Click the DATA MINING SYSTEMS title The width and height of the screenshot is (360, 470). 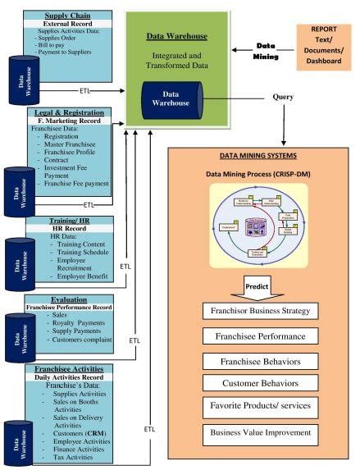[261, 156]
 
